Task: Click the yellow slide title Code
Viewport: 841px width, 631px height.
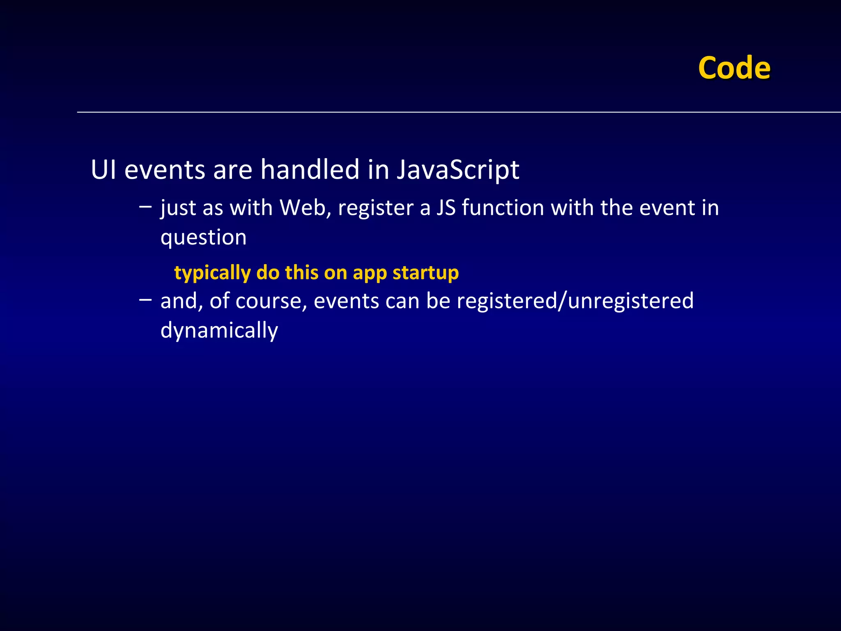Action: point(734,68)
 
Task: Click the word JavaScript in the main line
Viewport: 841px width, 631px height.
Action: point(457,170)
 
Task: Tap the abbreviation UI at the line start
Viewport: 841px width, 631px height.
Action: point(103,170)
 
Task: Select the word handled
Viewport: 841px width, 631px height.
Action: point(310,170)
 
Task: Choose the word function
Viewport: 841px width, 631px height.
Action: point(503,207)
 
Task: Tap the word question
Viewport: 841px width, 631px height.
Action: point(203,238)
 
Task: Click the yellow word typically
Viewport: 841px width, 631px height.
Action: point(212,273)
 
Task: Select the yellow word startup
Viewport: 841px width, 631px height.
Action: point(425,273)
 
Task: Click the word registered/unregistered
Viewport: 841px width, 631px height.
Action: point(575,301)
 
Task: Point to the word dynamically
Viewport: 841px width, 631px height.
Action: point(219,330)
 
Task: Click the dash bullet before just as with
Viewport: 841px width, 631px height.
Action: point(145,207)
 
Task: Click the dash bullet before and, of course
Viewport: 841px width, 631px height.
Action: point(145,300)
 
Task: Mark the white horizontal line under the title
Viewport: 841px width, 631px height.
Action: point(452,112)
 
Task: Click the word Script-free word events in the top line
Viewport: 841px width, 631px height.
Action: point(164,170)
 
